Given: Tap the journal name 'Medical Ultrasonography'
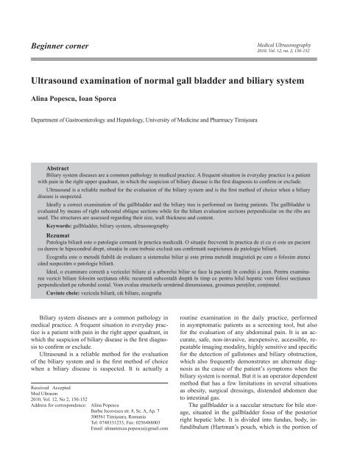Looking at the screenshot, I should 309,45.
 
